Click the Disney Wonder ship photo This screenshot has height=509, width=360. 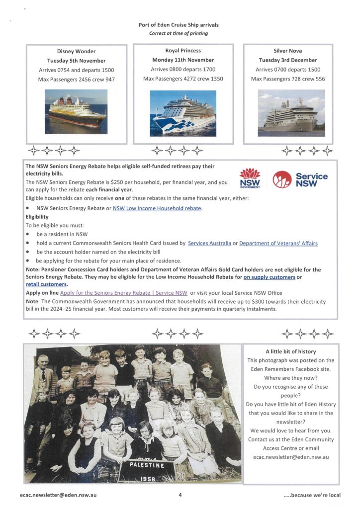coord(76,111)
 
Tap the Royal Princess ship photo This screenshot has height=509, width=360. coord(183,113)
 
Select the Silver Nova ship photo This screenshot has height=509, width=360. coord(291,112)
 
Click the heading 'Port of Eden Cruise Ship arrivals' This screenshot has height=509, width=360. coord(179,25)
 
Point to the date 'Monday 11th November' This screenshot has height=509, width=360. coord(183,60)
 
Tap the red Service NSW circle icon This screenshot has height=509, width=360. coord(282,179)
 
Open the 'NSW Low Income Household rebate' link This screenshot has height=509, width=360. coord(157,208)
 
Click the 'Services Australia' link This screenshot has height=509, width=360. coord(209,243)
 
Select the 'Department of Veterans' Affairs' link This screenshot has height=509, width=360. coord(278,243)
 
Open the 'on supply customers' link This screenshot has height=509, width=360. coord(269,277)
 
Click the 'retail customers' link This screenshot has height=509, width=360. coord(46,284)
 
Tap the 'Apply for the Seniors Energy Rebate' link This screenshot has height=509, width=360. coord(123,293)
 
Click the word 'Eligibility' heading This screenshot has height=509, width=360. coord(37,217)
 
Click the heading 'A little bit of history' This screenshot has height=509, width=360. coord(291,351)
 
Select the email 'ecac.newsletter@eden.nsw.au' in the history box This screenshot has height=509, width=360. coord(291,457)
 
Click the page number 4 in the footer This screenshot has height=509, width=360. coord(180,495)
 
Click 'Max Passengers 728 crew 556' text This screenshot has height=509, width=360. coord(288,79)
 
